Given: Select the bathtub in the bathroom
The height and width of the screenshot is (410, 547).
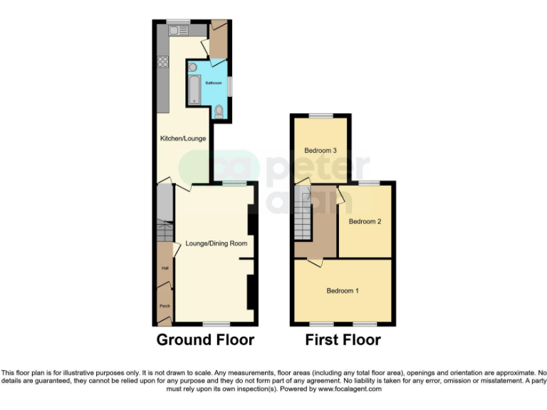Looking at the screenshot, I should tap(194, 91).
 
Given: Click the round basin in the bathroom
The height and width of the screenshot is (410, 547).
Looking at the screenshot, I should tap(192, 67).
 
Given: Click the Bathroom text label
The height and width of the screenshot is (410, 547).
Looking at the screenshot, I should tap(213, 83).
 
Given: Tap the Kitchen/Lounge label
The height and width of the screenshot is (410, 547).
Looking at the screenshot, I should tap(183, 138).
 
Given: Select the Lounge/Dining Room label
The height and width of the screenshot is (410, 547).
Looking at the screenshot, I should tap(216, 243).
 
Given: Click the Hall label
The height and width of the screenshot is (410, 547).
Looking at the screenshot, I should tap(165, 268).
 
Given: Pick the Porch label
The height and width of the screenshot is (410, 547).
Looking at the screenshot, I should tap(165, 306).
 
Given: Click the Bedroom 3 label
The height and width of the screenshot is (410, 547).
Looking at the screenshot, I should tap(320, 150).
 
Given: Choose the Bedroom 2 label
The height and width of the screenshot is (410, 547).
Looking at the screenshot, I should tap(365, 221).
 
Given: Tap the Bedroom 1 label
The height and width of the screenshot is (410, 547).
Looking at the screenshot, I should tap(343, 290).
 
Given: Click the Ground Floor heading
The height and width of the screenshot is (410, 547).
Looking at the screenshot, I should tap(205, 340).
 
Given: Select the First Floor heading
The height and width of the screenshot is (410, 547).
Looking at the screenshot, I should tap(343, 340).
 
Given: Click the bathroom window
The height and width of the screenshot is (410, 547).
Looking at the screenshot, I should tap(229, 83).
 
